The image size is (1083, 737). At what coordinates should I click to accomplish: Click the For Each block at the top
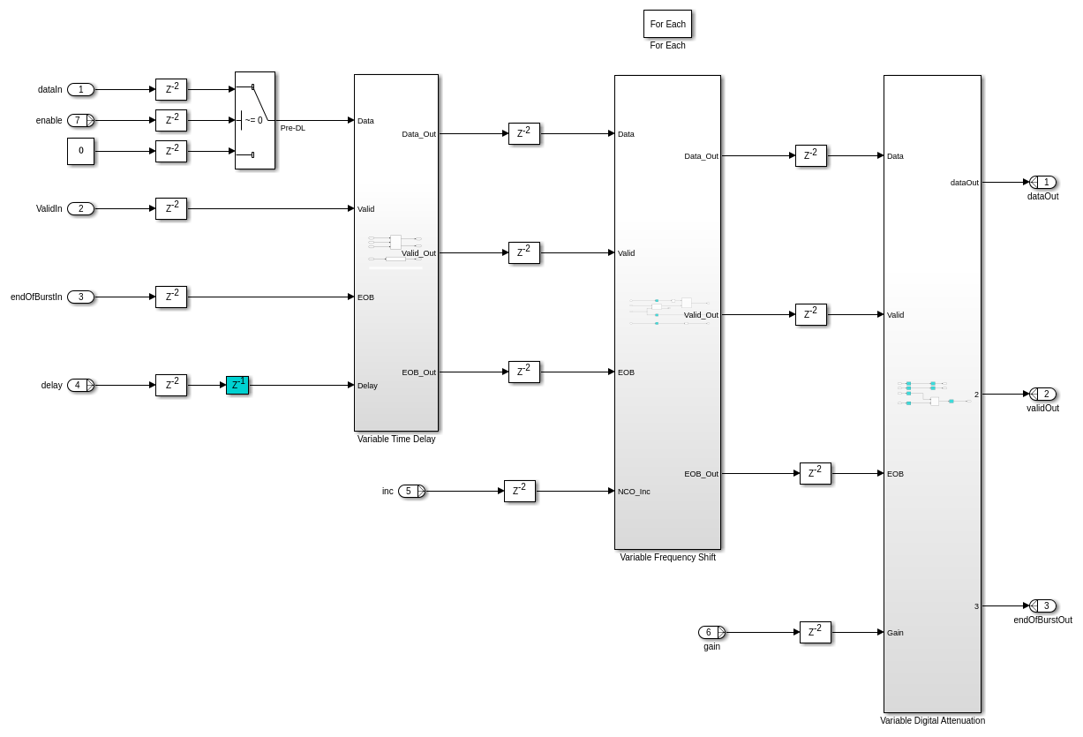point(667,24)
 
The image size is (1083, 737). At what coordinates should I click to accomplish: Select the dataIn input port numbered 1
point(80,89)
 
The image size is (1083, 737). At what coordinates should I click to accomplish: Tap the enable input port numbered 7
point(80,120)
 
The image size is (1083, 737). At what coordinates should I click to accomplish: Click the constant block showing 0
point(80,151)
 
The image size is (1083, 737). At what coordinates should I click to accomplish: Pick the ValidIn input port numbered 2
point(80,208)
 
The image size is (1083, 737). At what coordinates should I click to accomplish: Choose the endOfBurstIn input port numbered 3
point(80,297)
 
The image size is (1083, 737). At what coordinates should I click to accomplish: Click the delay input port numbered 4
point(80,385)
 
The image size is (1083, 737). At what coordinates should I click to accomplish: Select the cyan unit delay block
point(237,385)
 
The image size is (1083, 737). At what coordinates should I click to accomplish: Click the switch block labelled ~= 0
point(254,120)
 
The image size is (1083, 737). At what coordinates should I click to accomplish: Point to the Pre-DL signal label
point(293,128)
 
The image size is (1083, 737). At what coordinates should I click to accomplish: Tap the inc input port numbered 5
point(411,491)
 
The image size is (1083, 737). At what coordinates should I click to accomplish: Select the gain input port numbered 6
point(711,632)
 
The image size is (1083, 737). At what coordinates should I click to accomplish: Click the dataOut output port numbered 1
point(1043,182)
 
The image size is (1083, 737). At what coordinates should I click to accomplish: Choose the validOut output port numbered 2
point(1043,394)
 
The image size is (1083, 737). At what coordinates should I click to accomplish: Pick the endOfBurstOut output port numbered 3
point(1043,605)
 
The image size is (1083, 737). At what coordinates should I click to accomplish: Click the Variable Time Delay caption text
point(396,440)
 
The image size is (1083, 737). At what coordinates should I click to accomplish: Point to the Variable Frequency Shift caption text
point(667,558)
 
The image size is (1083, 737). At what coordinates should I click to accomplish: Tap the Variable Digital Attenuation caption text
point(932,721)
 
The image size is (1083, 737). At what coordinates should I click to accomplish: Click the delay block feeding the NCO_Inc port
point(520,491)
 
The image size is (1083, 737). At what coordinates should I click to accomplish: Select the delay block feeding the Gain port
point(816,632)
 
